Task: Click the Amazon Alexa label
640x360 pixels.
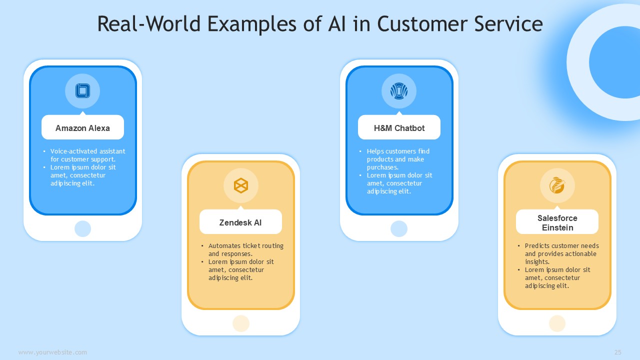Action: (x=82, y=128)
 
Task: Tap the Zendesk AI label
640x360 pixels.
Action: (x=240, y=222)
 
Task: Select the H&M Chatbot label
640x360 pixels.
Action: (x=399, y=128)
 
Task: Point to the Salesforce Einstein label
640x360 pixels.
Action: (x=557, y=223)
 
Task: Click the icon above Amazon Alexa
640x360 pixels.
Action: (x=82, y=91)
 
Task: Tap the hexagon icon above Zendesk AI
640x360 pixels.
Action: (x=241, y=185)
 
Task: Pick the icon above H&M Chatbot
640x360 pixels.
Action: (x=399, y=91)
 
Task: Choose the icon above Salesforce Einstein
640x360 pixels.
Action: (x=557, y=185)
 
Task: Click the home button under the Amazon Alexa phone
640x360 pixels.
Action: (x=82, y=228)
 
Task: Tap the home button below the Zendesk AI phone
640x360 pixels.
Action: (x=241, y=323)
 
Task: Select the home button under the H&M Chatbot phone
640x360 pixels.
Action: (x=399, y=228)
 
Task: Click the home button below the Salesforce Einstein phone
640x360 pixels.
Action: (x=557, y=323)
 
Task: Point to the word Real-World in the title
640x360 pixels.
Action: (x=149, y=23)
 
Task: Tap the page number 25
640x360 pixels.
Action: (x=617, y=352)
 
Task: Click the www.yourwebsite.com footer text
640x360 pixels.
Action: (x=52, y=352)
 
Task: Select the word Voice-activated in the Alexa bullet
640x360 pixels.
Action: (x=71, y=151)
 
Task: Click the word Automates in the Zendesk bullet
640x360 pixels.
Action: (x=224, y=245)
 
